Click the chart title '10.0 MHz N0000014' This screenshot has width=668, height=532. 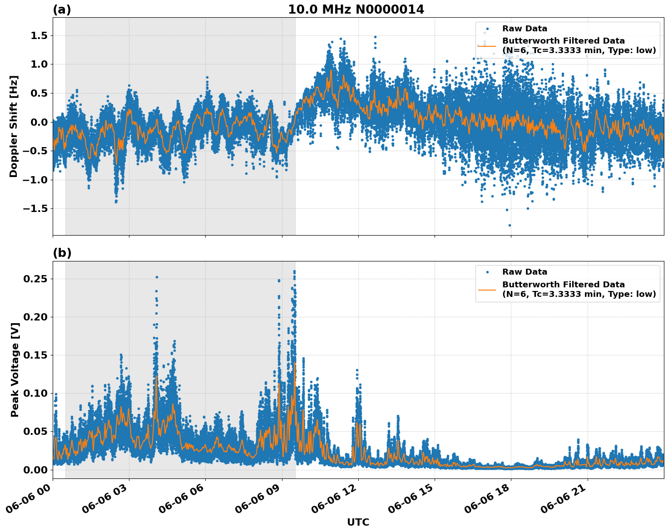tap(356, 10)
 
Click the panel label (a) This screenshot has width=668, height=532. tap(62, 10)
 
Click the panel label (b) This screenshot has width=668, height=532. tap(62, 253)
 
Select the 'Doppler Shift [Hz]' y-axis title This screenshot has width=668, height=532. tap(14, 126)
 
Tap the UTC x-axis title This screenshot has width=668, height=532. tap(358, 522)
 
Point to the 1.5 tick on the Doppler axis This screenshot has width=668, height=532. tap(38, 35)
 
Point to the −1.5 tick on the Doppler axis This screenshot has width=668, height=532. tap(36, 209)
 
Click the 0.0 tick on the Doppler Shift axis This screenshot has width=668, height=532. tap(38, 122)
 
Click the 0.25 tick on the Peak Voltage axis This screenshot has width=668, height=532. tap(36, 279)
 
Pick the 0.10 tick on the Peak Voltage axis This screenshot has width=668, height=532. tap(36, 393)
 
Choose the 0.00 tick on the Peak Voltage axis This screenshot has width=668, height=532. tap(36, 469)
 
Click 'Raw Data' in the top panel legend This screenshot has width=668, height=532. tap(525, 29)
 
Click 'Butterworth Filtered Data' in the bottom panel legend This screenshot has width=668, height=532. tap(563, 285)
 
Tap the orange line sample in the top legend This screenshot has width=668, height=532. tap(487, 45)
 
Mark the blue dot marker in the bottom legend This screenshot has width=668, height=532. tap(487, 272)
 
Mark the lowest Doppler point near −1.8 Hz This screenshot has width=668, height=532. tap(510, 225)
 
